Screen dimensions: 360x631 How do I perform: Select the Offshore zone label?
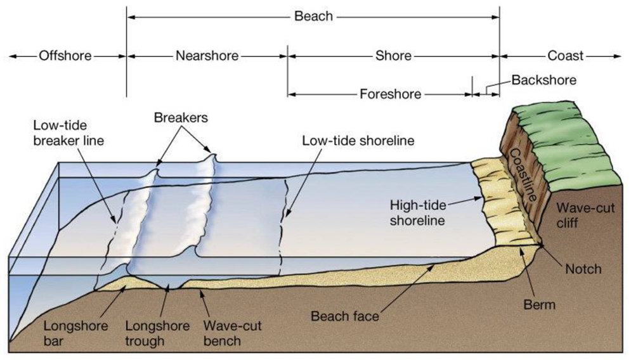tap(65, 56)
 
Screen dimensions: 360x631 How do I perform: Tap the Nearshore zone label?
tap(207, 56)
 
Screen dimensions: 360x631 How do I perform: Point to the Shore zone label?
tap(393, 56)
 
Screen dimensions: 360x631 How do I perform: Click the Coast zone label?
tap(565, 56)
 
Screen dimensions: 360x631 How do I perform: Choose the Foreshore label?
tap(390, 94)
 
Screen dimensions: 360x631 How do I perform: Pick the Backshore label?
tap(543, 80)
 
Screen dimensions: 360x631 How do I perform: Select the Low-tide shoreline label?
tap(358, 141)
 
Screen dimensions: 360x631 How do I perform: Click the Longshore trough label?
tap(157, 333)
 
